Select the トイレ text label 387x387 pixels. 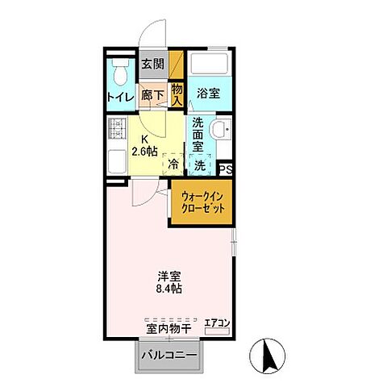pyautogui.click(x=120, y=98)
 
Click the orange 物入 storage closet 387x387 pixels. pyautogui.click(x=177, y=94)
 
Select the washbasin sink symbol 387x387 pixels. pyautogui.click(x=220, y=130)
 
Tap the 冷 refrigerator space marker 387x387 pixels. pyautogui.click(x=173, y=164)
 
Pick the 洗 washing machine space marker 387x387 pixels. pyautogui.click(x=199, y=164)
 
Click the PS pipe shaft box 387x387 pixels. pyautogui.click(x=227, y=169)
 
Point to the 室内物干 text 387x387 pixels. pyautogui.click(x=169, y=328)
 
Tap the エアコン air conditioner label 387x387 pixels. pyautogui.click(x=217, y=323)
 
